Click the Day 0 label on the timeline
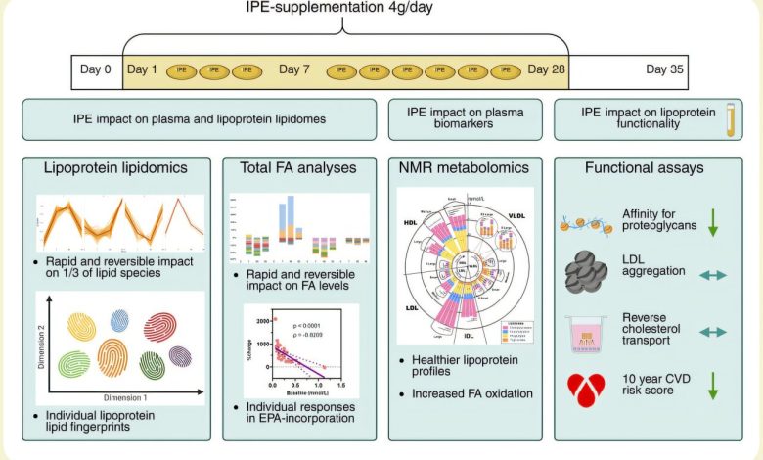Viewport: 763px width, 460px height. pos(94,69)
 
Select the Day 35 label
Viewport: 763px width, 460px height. pos(664,69)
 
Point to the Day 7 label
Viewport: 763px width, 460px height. pos(294,69)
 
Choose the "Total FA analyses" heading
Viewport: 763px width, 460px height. pos(298,168)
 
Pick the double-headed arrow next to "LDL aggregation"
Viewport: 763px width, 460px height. pos(713,276)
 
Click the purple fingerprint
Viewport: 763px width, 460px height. pos(180,355)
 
